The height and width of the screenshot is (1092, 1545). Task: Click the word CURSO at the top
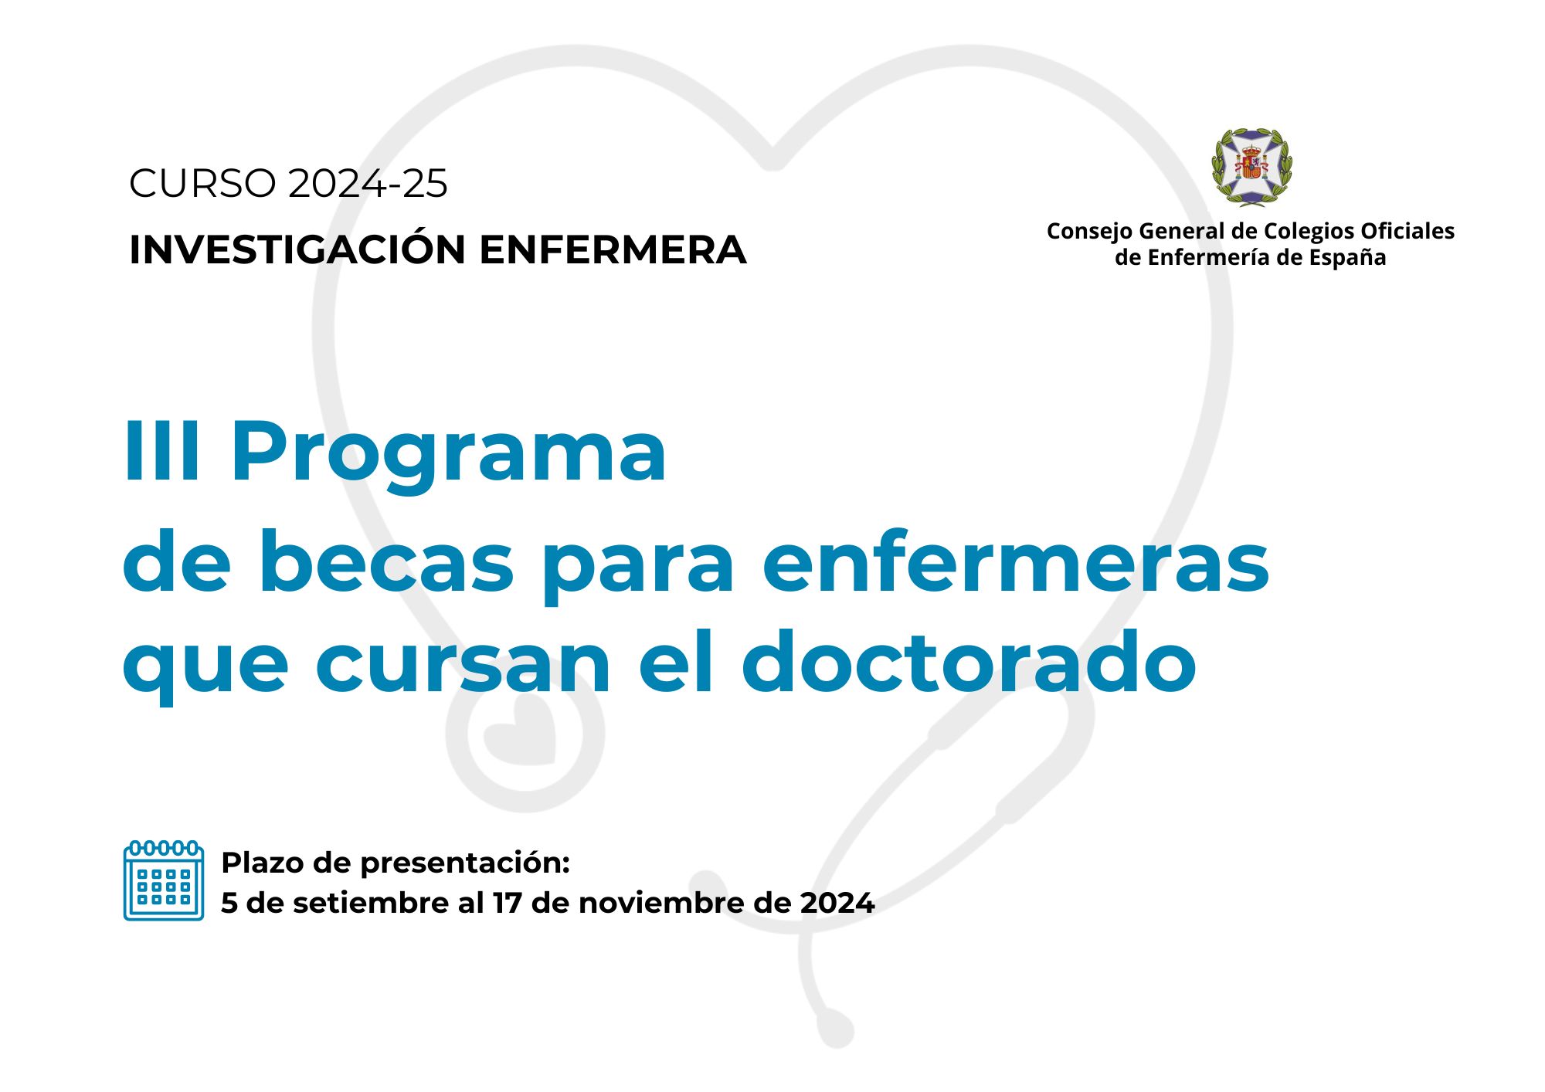pyautogui.click(x=202, y=184)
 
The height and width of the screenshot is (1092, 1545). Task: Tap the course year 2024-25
pyautogui.click(x=368, y=184)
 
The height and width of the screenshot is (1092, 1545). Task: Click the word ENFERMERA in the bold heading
pyautogui.click(x=613, y=249)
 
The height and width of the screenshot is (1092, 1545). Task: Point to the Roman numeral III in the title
pyautogui.click(x=163, y=451)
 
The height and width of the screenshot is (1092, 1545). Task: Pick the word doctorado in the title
pyautogui.click(x=969, y=661)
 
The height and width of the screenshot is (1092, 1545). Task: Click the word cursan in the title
pyautogui.click(x=463, y=666)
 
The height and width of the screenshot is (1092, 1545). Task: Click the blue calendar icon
pyautogui.click(x=164, y=880)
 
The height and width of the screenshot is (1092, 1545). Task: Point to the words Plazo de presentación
pyautogui.click(x=396, y=863)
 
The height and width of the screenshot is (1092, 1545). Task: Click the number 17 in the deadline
pyautogui.click(x=508, y=903)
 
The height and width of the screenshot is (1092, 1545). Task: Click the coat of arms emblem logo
pyautogui.click(x=1251, y=167)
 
